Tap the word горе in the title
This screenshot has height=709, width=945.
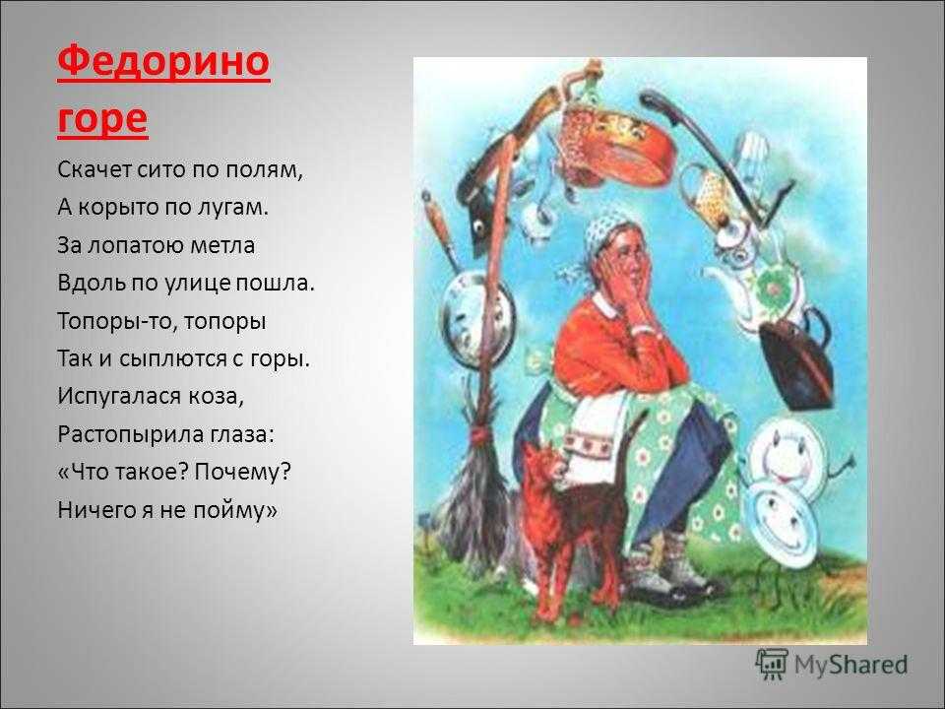(x=102, y=119)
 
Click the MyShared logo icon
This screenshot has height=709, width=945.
(x=772, y=665)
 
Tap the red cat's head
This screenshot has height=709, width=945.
(x=542, y=463)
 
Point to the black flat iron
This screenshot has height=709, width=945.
(x=796, y=360)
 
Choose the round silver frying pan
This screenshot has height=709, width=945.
(x=478, y=318)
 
